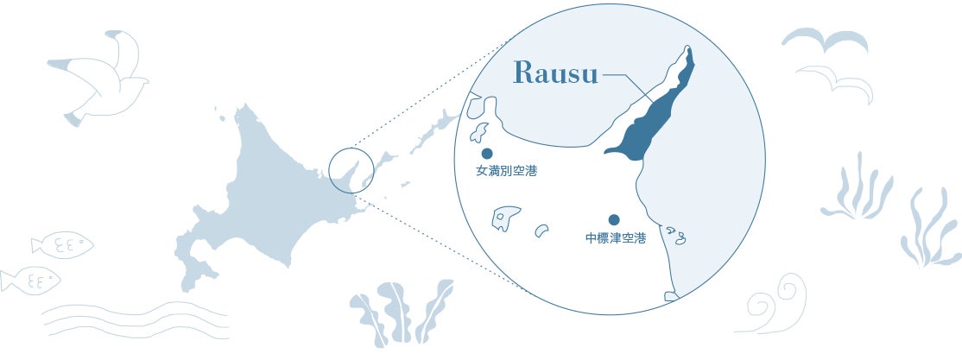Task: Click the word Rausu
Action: coord(556,74)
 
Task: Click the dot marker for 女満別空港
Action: coord(487,154)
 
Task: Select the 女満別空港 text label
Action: coord(506,172)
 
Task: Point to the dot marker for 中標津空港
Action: coord(614,220)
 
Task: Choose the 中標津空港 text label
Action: coord(615,237)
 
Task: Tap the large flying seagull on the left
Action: coord(99,79)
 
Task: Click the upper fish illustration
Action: coord(62,244)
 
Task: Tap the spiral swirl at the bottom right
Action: coord(775,306)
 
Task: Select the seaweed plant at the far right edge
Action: coord(930,227)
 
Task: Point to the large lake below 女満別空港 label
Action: coord(507,217)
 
